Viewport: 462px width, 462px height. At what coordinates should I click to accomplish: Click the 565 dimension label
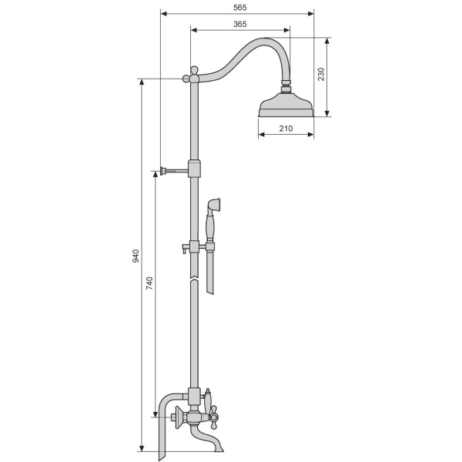pyautogui.click(x=239, y=8)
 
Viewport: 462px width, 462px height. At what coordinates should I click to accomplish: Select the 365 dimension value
pyautogui.click(x=239, y=24)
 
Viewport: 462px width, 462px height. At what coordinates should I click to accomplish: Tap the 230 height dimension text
pyautogui.click(x=321, y=74)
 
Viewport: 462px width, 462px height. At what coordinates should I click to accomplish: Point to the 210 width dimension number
pyautogui.click(x=286, y=129)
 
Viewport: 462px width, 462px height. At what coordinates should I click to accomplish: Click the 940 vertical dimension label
pyautogui.click(x=136, y=256)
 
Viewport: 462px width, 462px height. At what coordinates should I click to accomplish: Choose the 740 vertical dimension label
pyautogui.click(x=149, y=283)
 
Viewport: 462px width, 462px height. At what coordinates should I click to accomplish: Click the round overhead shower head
pyautogui.click(x=286, y=105)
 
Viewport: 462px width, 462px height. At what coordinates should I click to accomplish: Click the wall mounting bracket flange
pyautogui.click(x=162, y=171)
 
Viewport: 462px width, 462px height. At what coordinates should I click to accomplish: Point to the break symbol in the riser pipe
pyautogui.click(x=194, y=279)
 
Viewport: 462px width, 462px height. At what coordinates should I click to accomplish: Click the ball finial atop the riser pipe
pyautogui.click(x=194, y=70)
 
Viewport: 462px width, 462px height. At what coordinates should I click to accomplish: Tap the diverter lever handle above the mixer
pyautogui.click(x=208, y=400)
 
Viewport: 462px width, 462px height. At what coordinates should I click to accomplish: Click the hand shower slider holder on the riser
pyautogui.click(x=194, y=246)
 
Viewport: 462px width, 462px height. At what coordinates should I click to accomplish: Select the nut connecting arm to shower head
pyautogui.click(x=286, y=85)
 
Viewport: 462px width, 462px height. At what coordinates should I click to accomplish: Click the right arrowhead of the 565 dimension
pyautogui.click(x=310, y=14)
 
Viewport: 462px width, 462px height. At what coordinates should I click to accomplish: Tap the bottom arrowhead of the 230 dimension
pyautogui.click(x=327, y=113)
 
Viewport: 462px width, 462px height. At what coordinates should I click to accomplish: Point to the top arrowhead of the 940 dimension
pyautogui.click(x=142, y=82)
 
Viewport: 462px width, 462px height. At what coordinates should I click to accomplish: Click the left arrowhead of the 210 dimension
pyautogui.click(x=262, y=135)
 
